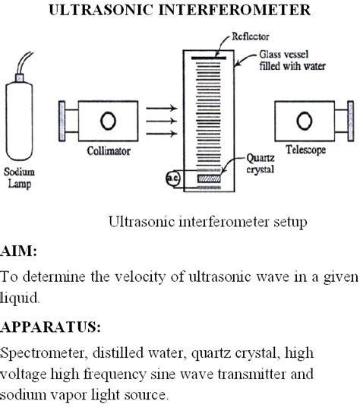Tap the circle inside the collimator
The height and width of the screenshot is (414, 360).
pyautogui.click(x=107, y=122)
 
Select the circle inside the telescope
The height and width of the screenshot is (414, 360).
pyautogui.click(x=305, y=121)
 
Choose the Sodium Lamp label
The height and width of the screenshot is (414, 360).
pyautogui.click(x=20, y=177)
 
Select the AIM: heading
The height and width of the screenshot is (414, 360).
pyautogui.click(x=18, y=251)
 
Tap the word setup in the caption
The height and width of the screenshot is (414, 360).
pyautogui.click(x=290, y=223)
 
